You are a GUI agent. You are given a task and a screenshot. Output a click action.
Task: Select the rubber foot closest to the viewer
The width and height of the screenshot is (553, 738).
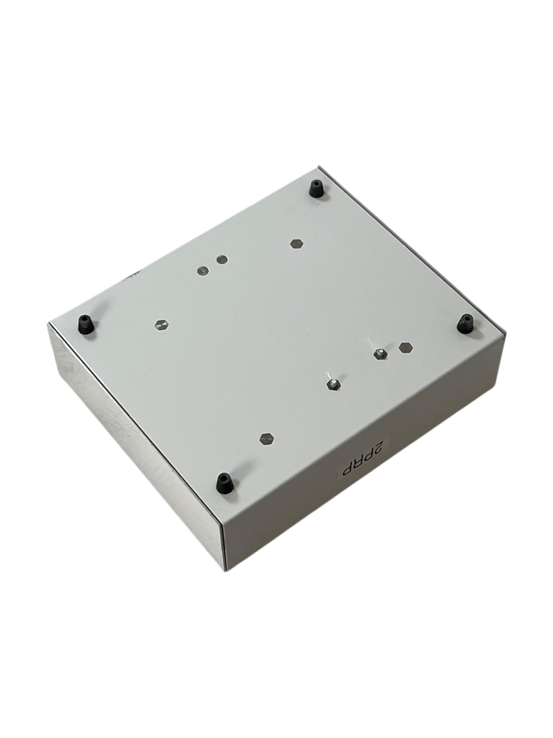pyautogui.click(x=223, y=483)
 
